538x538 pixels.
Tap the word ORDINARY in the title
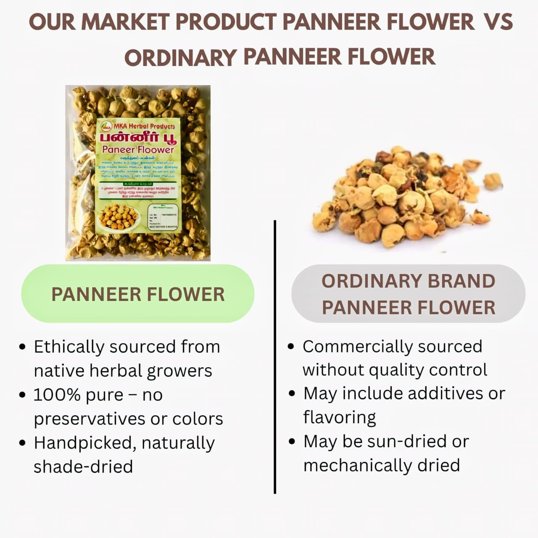click(180, 57)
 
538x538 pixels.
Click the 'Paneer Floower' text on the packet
click(138, 150)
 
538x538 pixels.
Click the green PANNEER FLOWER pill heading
click(138, 294)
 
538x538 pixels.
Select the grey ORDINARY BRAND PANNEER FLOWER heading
click(408, 294)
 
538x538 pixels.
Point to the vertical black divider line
click(275, 357)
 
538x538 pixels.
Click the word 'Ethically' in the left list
click(69, 347)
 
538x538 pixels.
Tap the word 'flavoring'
click(340, 417)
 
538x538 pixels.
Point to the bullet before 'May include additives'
click(293, 394)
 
